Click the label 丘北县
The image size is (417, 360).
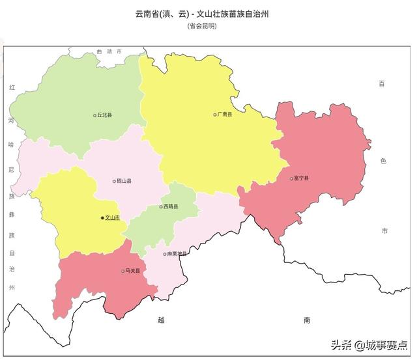click(105, 115)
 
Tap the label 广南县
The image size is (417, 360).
click(225, 115)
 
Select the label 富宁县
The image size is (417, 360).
click(302, 178)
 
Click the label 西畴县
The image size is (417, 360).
click(171, 207)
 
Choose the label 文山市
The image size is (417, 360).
click(113, 218)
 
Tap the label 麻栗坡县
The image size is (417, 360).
click(177, 254)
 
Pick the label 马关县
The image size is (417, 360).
click(133, 271)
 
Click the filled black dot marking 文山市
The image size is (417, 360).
click(102, 218)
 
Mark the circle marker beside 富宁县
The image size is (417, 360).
click(291, 178)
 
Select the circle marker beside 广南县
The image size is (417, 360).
click(214, 115)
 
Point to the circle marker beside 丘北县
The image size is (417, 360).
click(94, 115)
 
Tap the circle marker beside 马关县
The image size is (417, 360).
click(122, 271)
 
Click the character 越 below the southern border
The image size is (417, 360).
click(162, 320)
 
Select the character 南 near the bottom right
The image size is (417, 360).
click(307, 320)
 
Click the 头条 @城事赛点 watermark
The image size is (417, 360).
click(369, 344)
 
